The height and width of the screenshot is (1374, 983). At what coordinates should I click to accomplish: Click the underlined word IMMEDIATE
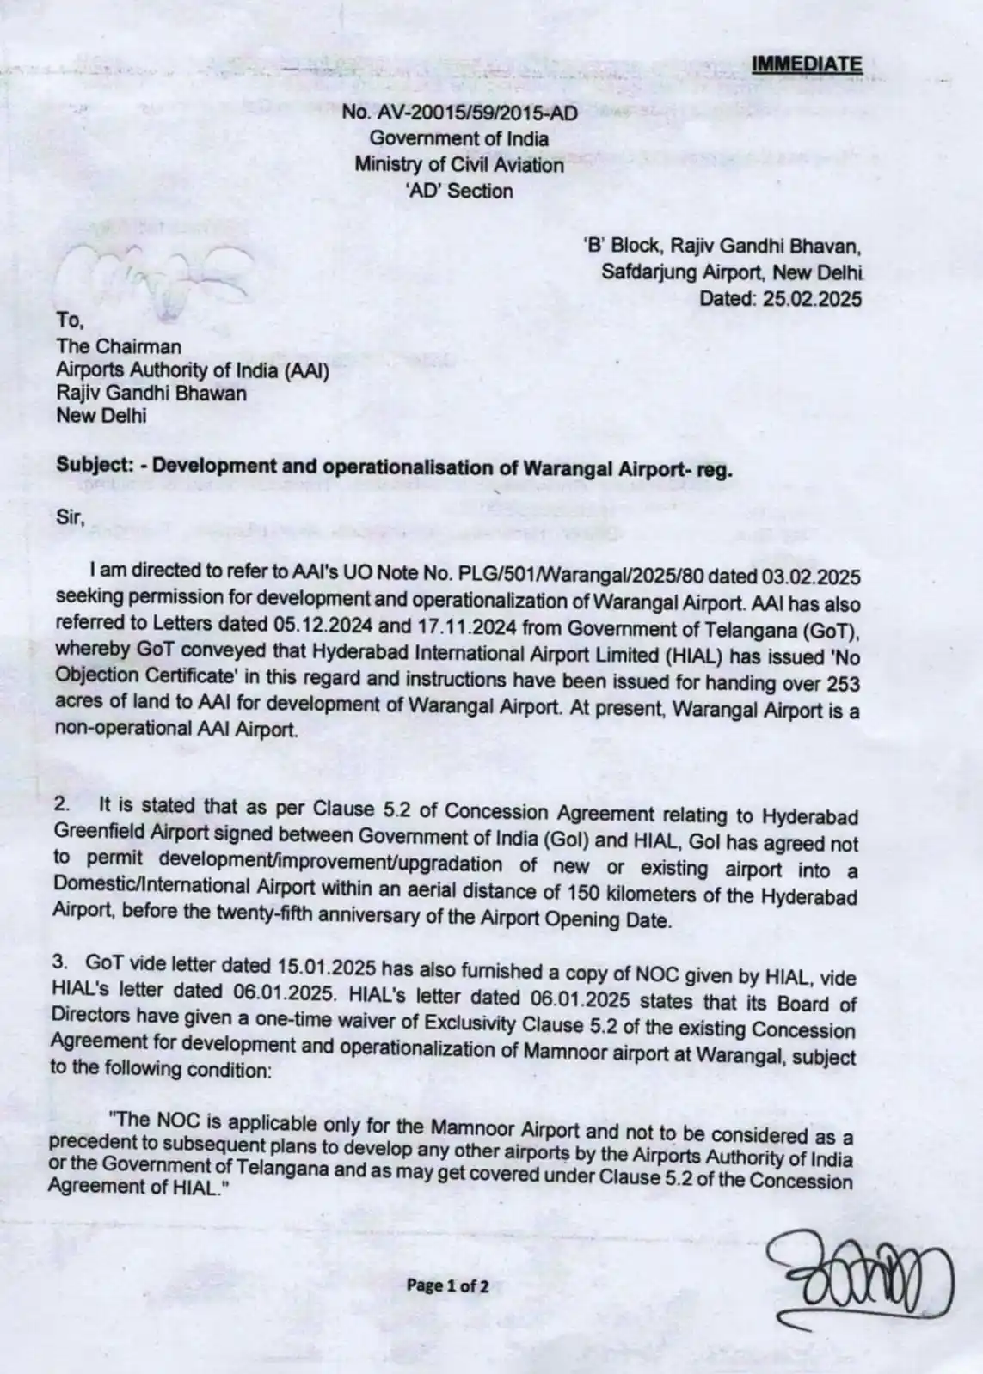[x=806, y=64]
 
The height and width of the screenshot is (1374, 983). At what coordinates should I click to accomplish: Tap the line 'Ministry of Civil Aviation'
[x=459, y=165]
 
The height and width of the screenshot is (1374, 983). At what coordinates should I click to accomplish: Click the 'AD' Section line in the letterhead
[x=459, y=192]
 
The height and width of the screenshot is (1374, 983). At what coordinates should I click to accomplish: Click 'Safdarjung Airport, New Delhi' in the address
[x=732, y=273]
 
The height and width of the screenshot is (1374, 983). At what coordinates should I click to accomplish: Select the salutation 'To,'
[x=70, y=321]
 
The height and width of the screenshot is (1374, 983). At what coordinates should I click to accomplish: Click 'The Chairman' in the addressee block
[x=119, y=346]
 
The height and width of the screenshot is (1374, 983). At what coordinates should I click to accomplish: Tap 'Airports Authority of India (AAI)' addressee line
[x=193, y=369]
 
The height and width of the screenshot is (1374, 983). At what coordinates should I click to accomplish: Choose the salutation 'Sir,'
[x=71, y=518]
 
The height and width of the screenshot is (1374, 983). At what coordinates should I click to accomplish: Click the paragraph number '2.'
[x=64, y=805]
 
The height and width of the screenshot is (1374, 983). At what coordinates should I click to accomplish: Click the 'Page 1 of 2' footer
[x=448, y=1286]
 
